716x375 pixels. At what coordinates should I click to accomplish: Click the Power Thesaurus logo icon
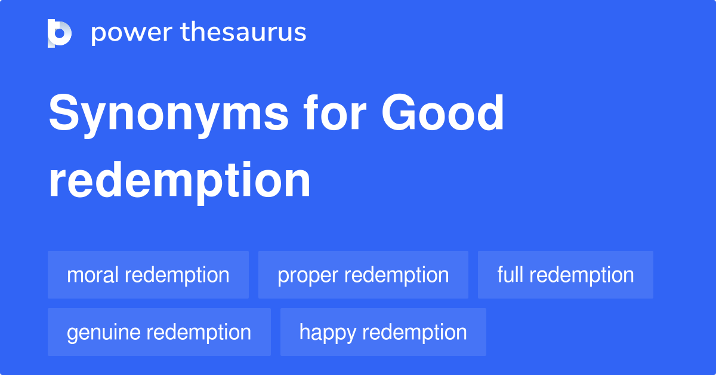click(60, 33)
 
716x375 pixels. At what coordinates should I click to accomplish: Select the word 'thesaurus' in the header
click(243, 33)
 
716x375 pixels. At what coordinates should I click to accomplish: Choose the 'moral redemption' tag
click(148, 275)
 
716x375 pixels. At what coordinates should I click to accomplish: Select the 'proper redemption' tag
click(363, 275)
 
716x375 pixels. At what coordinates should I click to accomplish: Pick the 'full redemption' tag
click(565, 275)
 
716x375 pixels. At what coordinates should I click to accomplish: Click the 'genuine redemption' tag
click(159, 332)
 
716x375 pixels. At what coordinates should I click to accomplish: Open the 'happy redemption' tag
click(383, 332)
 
